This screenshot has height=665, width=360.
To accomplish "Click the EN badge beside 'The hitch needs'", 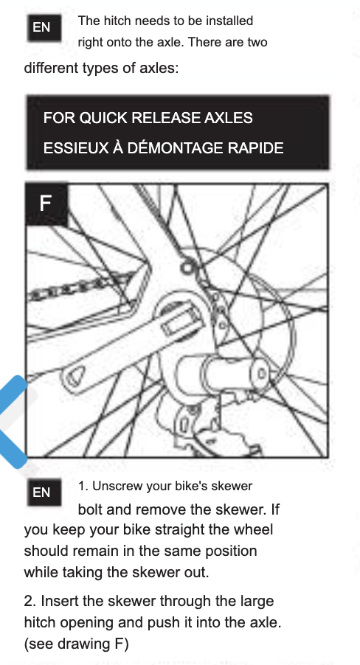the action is [44, 27].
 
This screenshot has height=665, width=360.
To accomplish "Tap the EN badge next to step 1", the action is [44, 492].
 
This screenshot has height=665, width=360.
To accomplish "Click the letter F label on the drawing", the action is [46, 203].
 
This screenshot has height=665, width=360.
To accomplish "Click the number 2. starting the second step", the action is [30, 601].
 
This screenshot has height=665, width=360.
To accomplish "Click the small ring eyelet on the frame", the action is [187, 268].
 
